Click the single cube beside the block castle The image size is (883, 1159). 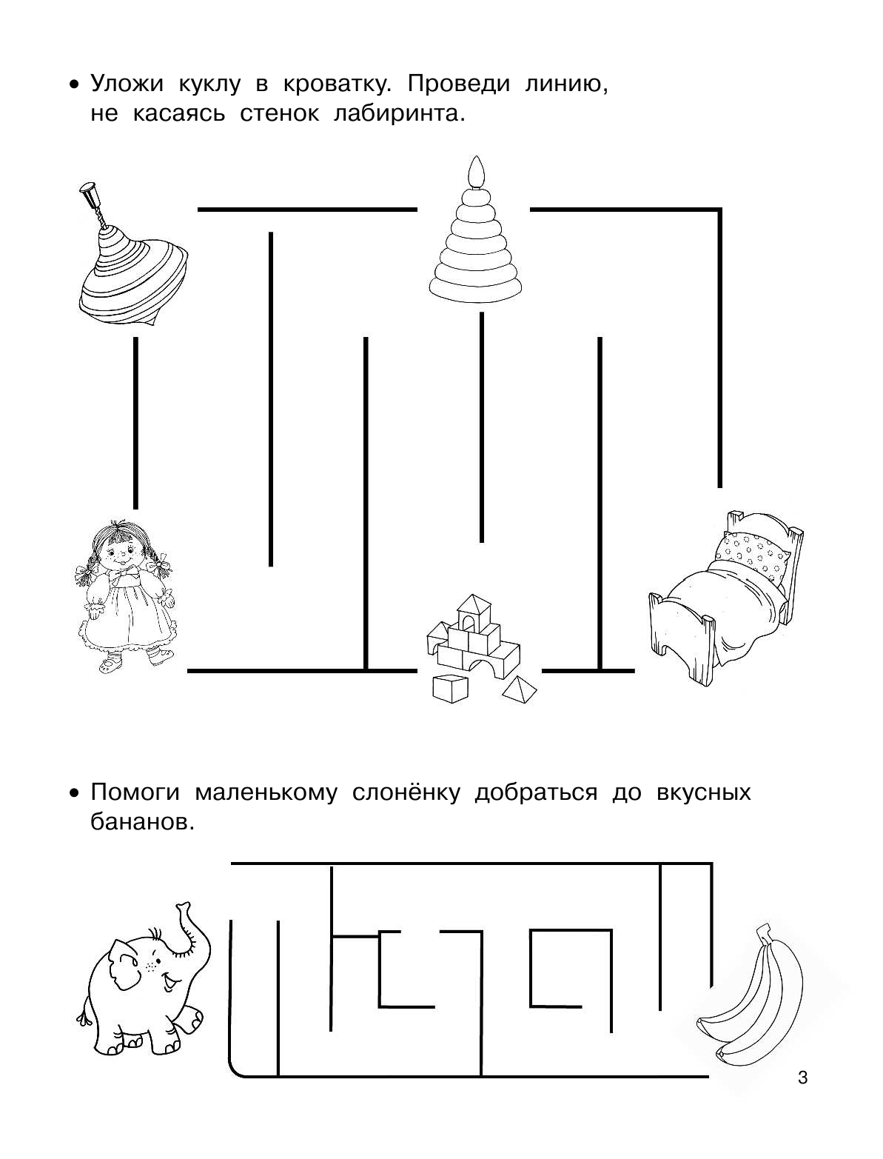tap(451, 688)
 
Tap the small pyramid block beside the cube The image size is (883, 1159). tap(519, 689)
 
